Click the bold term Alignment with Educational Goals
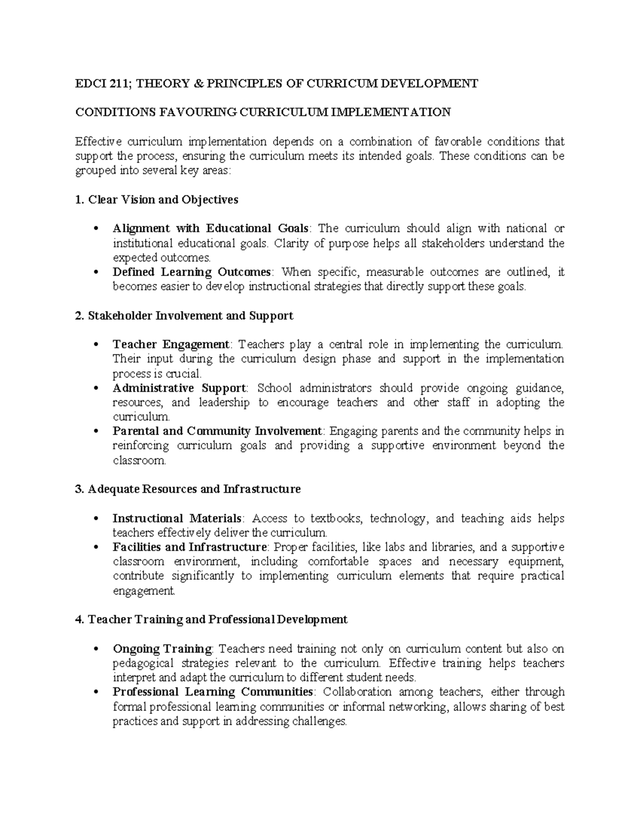tap(211, 228)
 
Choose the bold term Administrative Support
tap(179, 388)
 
